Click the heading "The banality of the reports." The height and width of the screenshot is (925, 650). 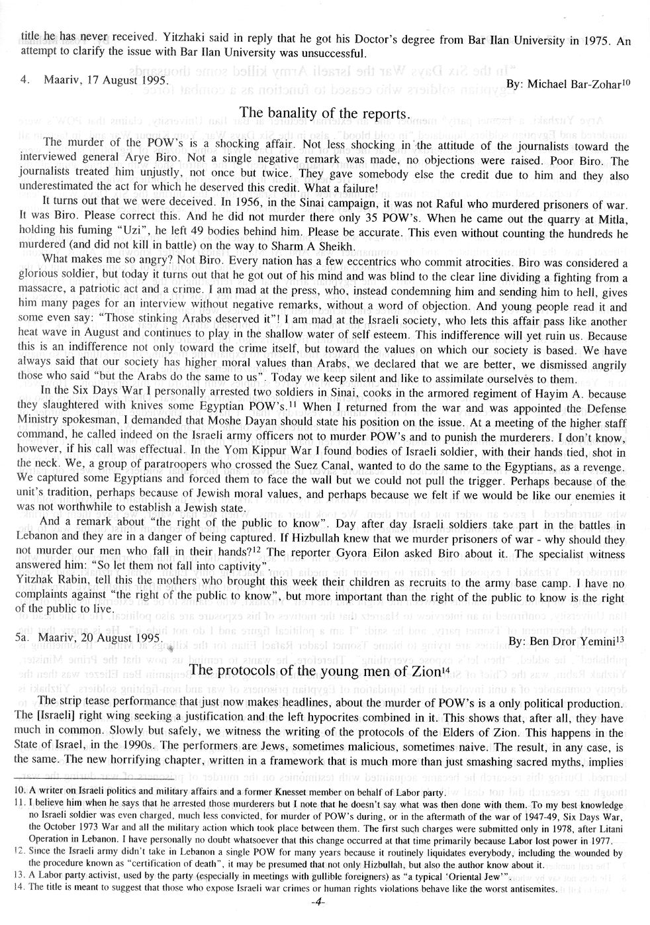tap(322, 113)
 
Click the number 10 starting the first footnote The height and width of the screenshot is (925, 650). tap(18, 791)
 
